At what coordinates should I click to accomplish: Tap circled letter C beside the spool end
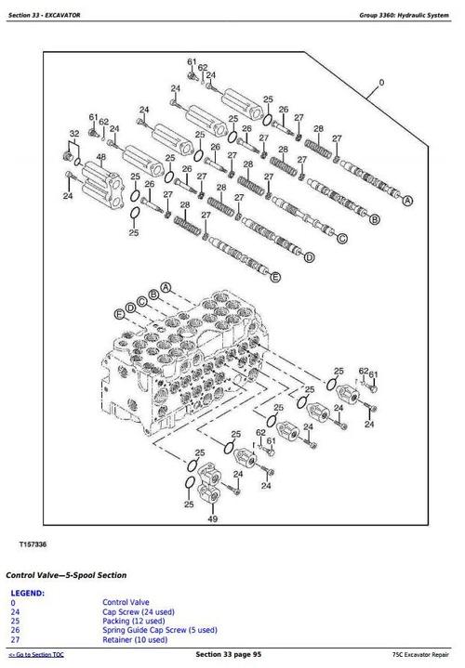341,239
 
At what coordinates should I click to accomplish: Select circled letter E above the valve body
122,310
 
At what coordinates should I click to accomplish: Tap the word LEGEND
27,592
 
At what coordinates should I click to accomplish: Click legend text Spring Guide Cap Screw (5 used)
157,631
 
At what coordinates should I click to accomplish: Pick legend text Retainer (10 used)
135,639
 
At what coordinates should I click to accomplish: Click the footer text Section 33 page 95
232,655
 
